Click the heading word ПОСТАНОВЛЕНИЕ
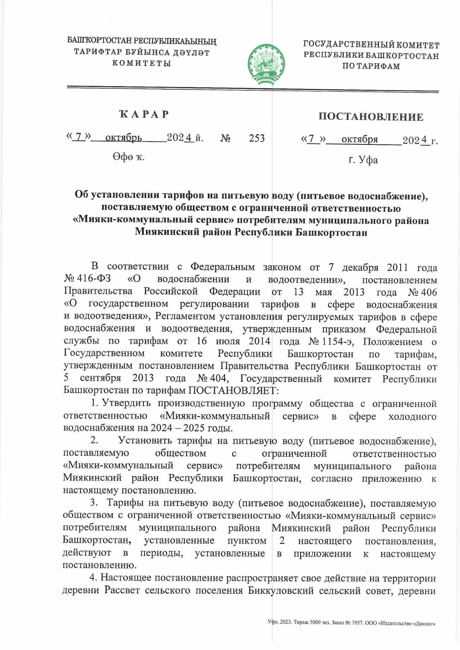coord(371,117)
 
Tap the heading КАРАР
coord(145,114)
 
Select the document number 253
coord(256,138)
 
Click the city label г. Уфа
coord(363,160)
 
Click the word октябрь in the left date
coord(123,138)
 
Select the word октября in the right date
coord(360,140)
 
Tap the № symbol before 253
coord(225,138)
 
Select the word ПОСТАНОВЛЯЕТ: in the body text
coord(232,391)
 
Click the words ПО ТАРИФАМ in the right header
coord(371,66)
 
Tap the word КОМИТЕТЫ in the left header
coord(141,63)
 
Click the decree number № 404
coord(213,379)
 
